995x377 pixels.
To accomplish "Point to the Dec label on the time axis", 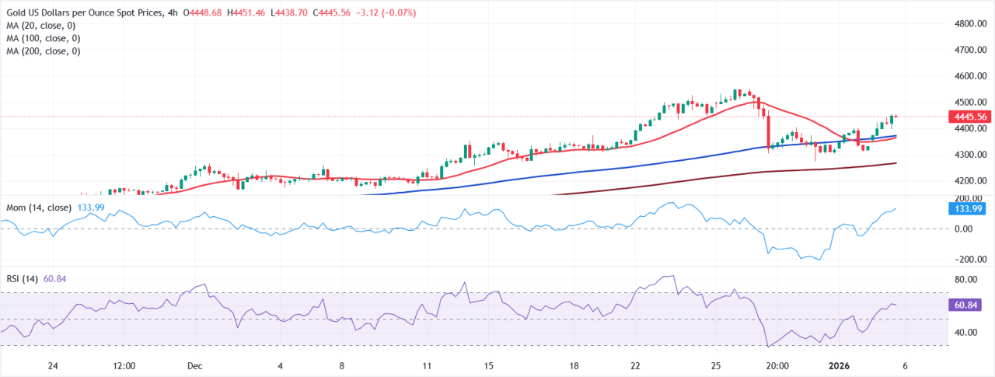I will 195,365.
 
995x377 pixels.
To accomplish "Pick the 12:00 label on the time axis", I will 124,365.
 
